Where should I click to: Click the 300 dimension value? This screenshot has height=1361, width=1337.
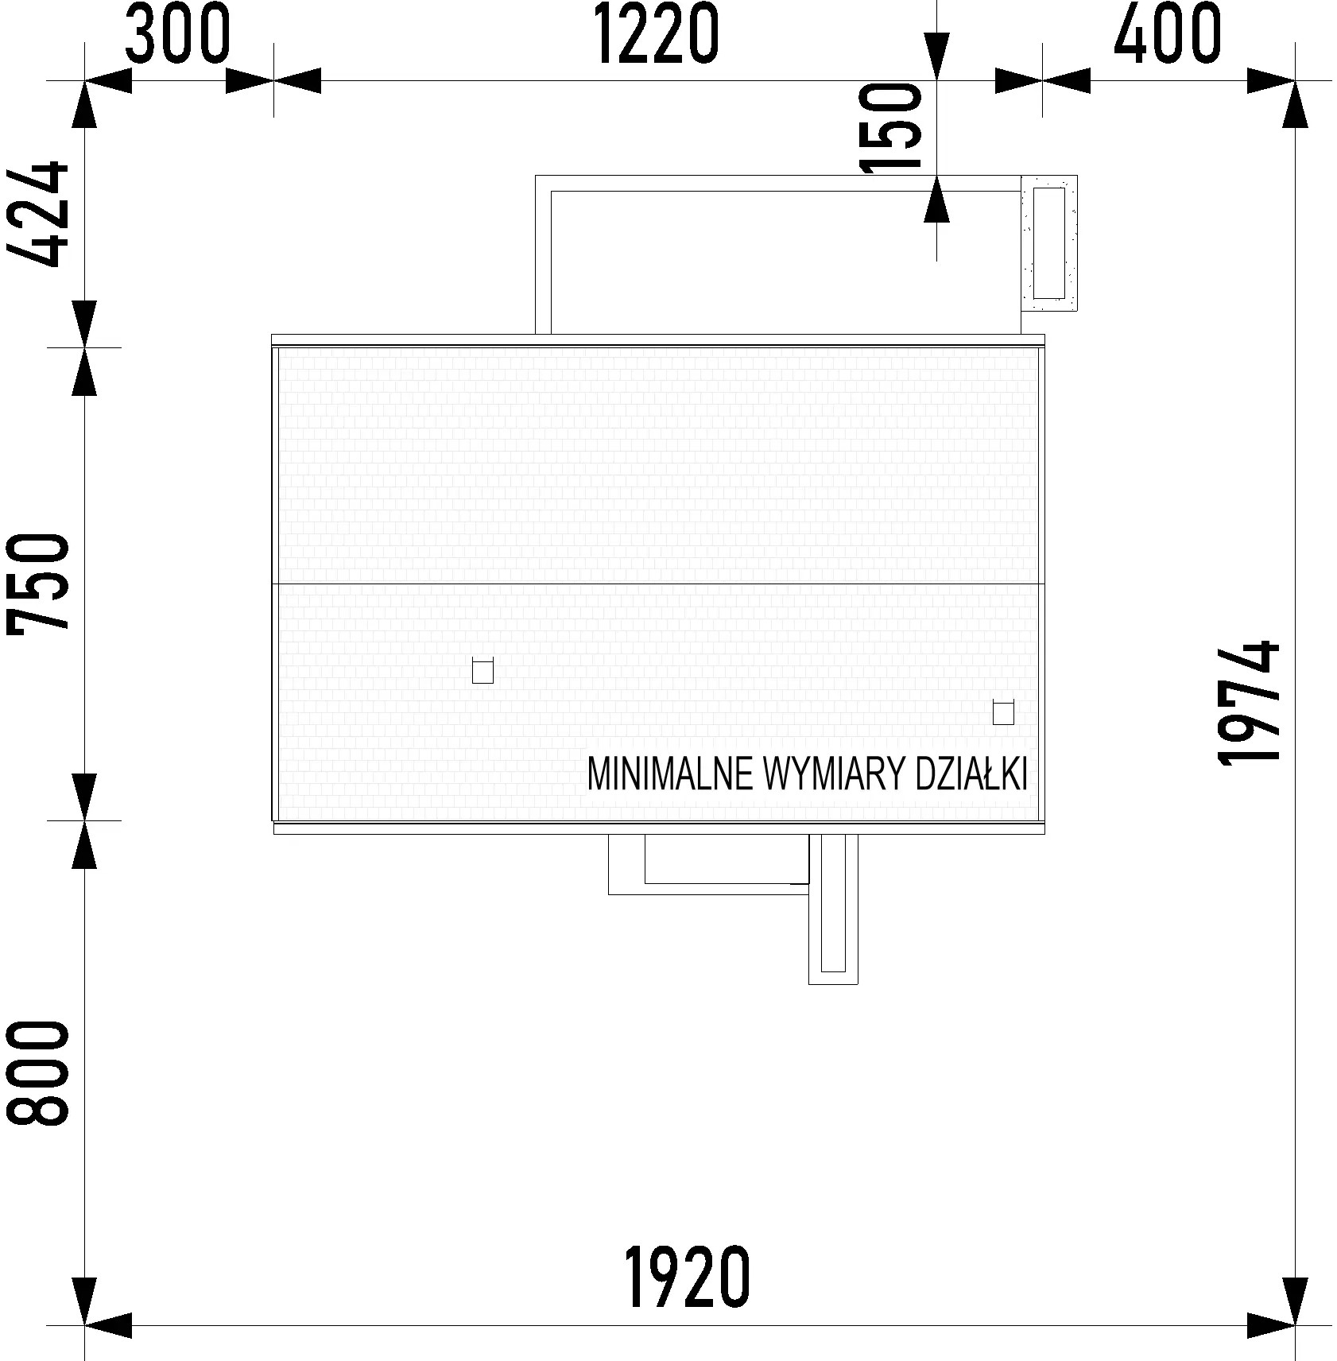click(x=178, y=33)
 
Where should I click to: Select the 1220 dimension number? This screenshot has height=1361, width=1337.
click(x=657, y=33)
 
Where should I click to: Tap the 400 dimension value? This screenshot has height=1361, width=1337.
click(x=1167, y=33)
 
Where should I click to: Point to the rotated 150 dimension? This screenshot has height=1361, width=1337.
click(x=893, y=127)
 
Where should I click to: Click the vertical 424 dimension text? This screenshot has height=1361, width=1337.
click(x=37, y=214)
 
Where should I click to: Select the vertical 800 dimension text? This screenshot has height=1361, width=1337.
click(x=37, y=1073)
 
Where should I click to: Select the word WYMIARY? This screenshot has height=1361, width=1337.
click(x=834, y=774)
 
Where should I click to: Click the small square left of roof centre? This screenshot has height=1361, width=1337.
click(x=482, y=672)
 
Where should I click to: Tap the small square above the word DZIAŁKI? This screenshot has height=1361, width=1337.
click(x=1003, y=713)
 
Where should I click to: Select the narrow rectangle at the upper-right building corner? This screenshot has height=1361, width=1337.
click(x=1049, y=242)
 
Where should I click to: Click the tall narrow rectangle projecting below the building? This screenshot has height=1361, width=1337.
click(x=833, y=909)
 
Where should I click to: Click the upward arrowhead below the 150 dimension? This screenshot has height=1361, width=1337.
click(x=937, y=199)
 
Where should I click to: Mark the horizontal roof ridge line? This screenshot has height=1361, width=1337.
click(x=658, y=584)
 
